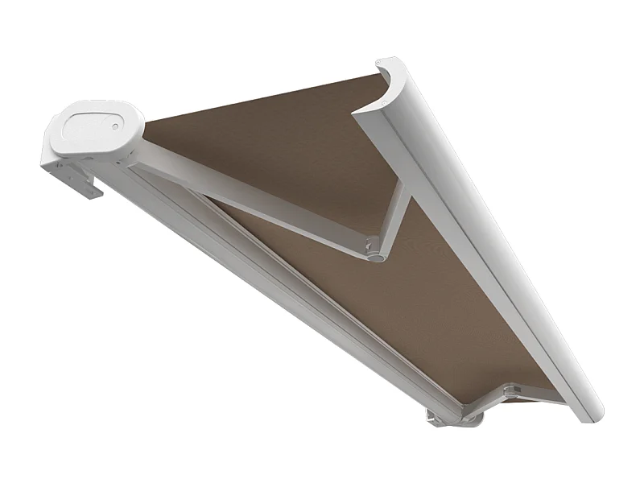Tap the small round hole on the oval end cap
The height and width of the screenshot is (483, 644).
tap(115, 126)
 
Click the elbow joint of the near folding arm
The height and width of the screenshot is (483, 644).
tap(375, 251)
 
